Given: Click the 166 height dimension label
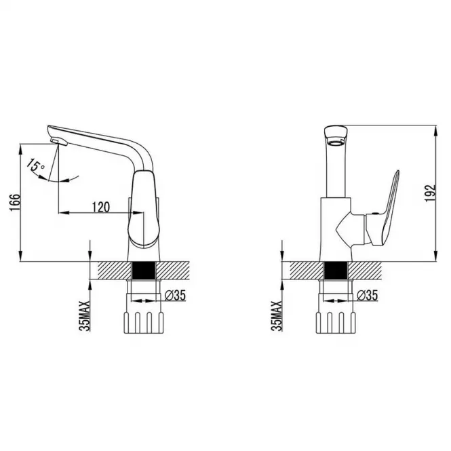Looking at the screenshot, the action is coord(16,203).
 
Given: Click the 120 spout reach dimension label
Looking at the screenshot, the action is coord(100,207).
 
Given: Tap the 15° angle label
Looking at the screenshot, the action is coord(35,165).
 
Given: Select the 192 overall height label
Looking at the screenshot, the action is coord(430,193).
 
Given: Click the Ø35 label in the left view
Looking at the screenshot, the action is coord(176,295).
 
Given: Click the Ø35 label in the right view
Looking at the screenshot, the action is coord(367,295).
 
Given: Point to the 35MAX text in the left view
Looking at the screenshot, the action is coord(85,316).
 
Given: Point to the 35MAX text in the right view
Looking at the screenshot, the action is coord(277,316).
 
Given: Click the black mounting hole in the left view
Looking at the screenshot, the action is coord(144,271).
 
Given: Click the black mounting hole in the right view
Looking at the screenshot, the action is coord(336,271).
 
